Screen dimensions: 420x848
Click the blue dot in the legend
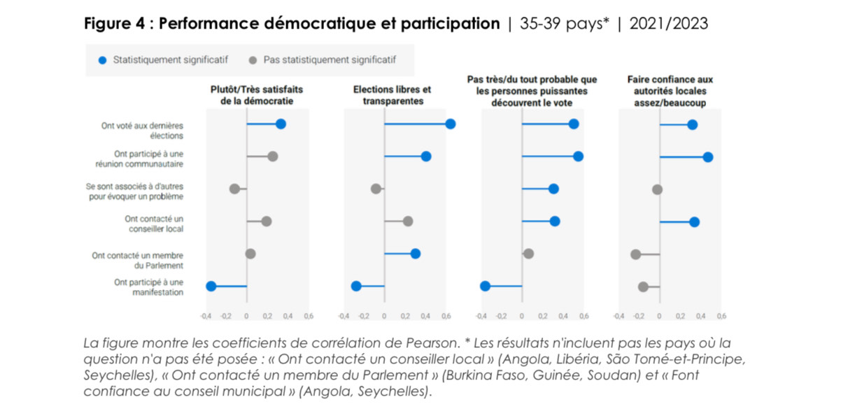point(102,60)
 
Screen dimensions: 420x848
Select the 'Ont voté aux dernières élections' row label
point(142,131)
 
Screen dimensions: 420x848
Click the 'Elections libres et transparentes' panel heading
point(392,95)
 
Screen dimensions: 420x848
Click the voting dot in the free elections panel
point(450,124)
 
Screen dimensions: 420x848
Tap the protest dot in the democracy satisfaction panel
point(211,286)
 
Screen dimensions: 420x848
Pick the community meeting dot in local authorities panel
point(707,157)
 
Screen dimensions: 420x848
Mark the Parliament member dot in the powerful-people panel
point(528,254)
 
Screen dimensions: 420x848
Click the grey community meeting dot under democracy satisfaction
point(272,157)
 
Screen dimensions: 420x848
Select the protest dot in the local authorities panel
point(643,287)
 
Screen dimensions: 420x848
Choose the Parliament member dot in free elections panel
point(415,254)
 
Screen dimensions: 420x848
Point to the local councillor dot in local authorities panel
point(694,222)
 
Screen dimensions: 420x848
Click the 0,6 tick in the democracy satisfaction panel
point(308,317)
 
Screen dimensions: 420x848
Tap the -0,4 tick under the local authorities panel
point(619,317)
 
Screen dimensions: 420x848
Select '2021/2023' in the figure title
point(668,24)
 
